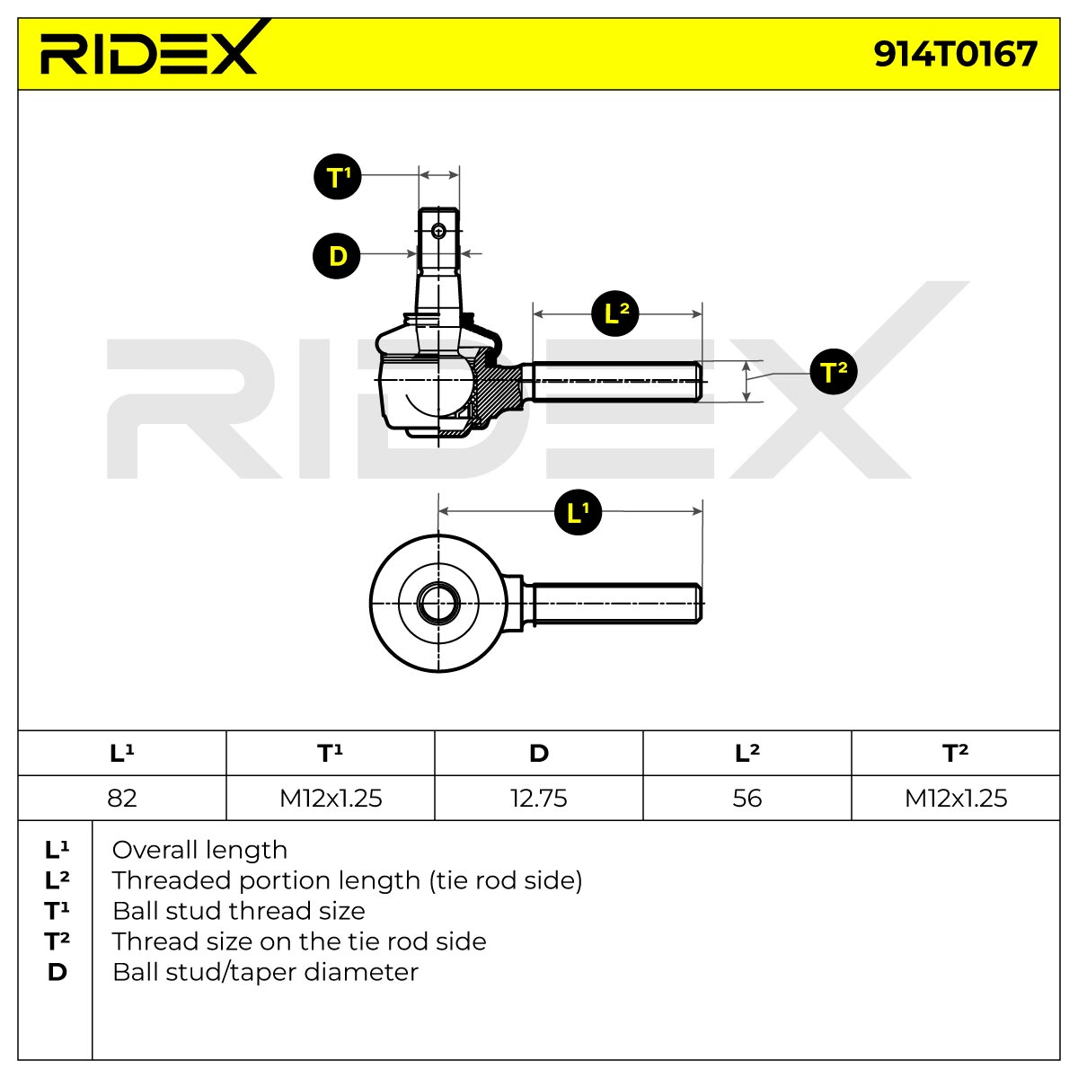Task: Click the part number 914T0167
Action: [x=955, y=54]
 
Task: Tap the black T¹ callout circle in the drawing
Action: [x=338, y=177]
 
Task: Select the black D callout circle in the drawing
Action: [x=337, y=256]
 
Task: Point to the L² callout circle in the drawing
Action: [x=614, y=314]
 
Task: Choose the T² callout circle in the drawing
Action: [x=833, y=371]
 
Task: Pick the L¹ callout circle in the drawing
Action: [x=578, y=512]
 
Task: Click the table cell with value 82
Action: [x=122, y=798]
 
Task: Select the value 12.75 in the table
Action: [x=539, y=798]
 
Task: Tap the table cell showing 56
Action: [x=747, y=798]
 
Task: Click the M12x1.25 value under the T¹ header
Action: [x=331, y=798]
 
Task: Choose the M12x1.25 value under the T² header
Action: [x=956, y=798]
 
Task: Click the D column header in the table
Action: [x=539, y=753]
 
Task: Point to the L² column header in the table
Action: [x=747, y=753]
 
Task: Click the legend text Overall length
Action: [x=199, y=850]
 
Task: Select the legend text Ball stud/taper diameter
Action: [x=265, y=972]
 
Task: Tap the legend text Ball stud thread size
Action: [x=239, y=911]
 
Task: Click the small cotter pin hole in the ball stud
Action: [x=438, y=231]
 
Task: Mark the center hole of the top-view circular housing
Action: [x=438, y=603]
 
